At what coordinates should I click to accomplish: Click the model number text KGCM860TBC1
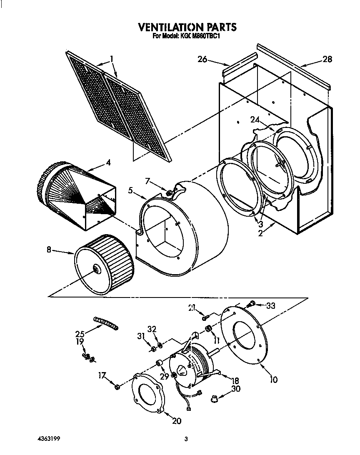point(200,36)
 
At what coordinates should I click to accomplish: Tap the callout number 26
point(202,59)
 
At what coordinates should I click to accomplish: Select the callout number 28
point(327,59)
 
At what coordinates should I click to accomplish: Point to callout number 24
point(255,120)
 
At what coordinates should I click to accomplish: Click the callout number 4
point(108,162)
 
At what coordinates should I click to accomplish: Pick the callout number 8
point(49,250)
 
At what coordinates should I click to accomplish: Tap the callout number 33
point(271,305)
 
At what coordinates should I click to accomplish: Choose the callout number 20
point(176,421)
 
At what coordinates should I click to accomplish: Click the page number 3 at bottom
point(187,439)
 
